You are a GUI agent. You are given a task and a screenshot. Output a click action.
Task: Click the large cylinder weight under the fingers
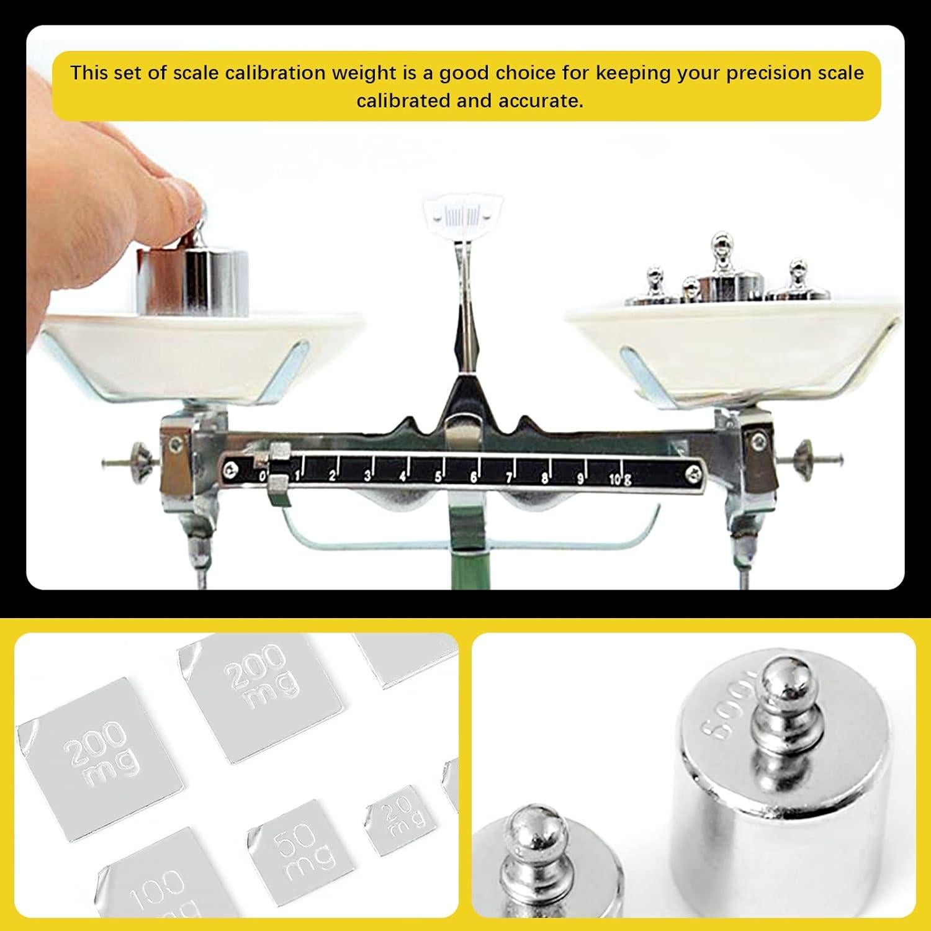(192, 280)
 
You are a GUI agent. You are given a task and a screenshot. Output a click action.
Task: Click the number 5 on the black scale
(438, 477)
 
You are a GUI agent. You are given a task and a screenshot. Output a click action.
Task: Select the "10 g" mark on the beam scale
(619, 479)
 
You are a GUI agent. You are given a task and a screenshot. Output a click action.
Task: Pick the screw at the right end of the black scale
(693, 474)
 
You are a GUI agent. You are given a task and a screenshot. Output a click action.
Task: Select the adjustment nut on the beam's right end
(804, 458)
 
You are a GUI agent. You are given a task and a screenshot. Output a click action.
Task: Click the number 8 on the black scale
(545, 478)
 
